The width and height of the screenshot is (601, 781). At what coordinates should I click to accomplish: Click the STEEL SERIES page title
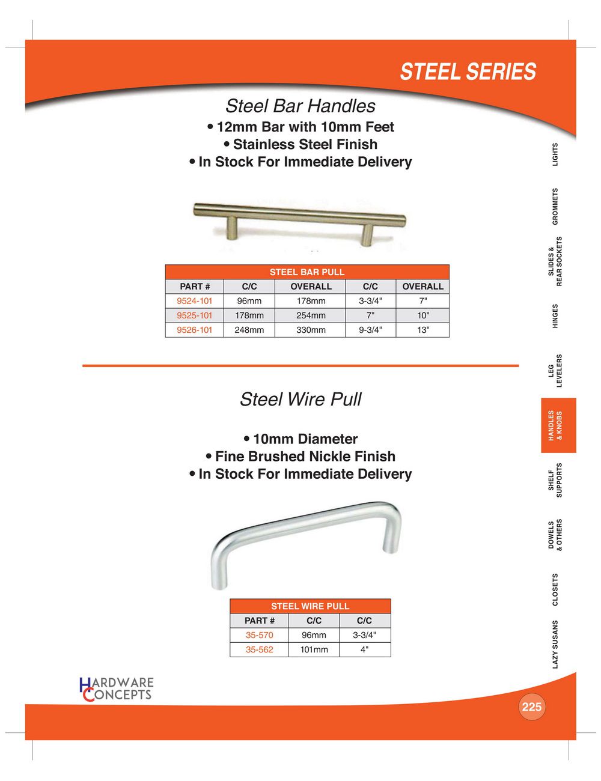coord(468,71)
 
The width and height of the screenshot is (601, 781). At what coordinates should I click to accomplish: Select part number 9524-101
coord(195,301)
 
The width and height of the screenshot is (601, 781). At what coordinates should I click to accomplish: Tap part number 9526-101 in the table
coord(195,330)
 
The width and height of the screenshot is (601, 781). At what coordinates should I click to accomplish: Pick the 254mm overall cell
coord(311,315)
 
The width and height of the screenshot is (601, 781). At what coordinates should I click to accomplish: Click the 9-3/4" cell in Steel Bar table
coord(370,330)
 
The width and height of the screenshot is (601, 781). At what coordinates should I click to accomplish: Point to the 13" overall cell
coord(423,330)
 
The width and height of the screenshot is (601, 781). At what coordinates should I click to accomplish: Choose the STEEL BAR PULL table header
coord(307,272)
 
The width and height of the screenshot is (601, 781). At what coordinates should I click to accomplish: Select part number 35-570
coord(259,635)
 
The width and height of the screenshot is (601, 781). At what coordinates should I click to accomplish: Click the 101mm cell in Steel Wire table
coord(314,649)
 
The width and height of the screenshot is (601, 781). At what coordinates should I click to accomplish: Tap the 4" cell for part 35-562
coord(365,649)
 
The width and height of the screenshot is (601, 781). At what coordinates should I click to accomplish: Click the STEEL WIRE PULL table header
coord(310,606)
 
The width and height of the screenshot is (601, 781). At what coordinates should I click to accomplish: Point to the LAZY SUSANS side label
coord(555,644)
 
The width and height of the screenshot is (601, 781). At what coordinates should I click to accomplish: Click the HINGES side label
coord(555,316)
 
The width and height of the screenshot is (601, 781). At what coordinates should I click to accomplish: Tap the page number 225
coord(531,707)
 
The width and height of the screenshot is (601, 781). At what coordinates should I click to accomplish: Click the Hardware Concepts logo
coord(117,689)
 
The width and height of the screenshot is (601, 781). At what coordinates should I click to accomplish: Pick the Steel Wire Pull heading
coord(300,400)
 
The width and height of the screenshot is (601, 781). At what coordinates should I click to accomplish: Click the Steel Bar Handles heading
coord(300,106)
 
